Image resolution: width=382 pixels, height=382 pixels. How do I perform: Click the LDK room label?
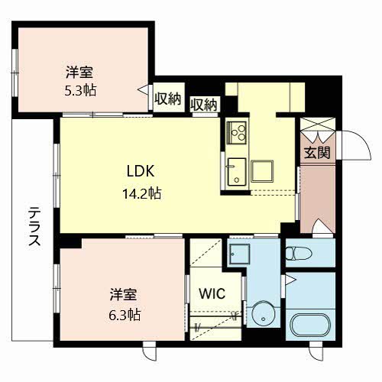[141, 171]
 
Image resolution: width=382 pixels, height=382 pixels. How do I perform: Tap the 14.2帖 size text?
[142, 193]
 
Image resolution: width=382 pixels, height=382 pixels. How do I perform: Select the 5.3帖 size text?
[80, 90]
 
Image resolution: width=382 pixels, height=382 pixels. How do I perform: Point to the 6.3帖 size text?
[125, 316]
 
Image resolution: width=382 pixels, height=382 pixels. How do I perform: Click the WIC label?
[212, 293]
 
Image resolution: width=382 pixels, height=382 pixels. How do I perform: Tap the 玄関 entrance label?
[317, 153]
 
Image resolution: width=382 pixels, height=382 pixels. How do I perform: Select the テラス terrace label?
[34, 227]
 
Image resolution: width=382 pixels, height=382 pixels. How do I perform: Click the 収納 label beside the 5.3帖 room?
[168, 99]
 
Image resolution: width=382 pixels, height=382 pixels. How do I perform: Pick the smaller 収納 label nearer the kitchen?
[204, 105]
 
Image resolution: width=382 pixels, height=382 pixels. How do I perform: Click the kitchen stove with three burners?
[237, 132]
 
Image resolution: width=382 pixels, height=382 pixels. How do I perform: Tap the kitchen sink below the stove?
[237, 172]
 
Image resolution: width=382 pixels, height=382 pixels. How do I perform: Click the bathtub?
[310, 325]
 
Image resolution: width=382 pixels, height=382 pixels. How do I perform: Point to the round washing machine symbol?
[264, 313]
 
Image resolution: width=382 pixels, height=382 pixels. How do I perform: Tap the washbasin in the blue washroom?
[239, 254]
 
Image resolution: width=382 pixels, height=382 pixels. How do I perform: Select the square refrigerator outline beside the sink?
[262, 171]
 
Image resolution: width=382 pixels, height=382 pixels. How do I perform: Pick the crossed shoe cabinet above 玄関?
[317, 125]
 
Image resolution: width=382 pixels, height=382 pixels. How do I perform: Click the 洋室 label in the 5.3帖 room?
[79, 72]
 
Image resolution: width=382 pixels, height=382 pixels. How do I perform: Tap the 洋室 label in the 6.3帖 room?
[123, 295]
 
